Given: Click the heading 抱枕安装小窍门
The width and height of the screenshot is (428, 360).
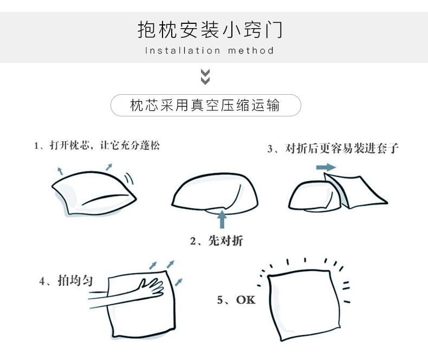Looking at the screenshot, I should click(210, 30).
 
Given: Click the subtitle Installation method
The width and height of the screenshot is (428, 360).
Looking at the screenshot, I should click(210, 51).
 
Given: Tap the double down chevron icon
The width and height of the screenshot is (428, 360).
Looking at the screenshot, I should click(205, 77).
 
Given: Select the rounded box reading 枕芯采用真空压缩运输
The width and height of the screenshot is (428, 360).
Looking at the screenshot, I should click(205, 106).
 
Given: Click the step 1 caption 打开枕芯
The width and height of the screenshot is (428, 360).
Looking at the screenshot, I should click(97, 146).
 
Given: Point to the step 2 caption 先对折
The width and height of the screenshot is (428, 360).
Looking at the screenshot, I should click(216, 241).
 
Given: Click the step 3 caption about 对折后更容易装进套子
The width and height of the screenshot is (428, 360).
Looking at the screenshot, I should click(333, 148).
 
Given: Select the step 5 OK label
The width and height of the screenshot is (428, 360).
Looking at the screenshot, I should click(236, 299).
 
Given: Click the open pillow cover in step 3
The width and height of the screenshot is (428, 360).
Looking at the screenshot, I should click(360, 192).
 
